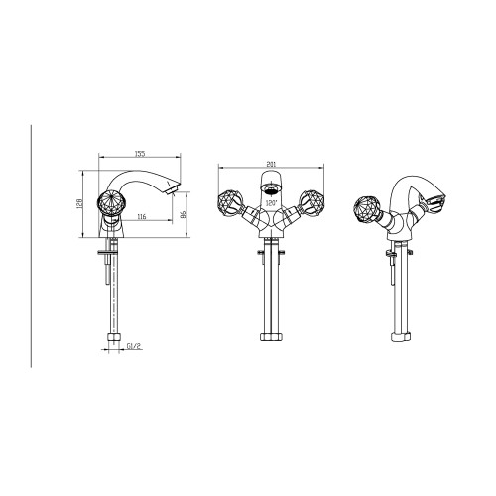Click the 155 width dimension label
click(x=140, y=154)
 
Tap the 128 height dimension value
click(x=79, y=203)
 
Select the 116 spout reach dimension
click(x=141, y=217)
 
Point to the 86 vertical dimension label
click(x=184, y=215)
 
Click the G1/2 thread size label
click(x=134, y=346)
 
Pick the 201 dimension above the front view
click(x=271, y=164)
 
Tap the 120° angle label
click(x=271, y=203)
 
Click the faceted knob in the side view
click(x=111, y=202)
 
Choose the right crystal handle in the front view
click(x=310, y=202)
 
